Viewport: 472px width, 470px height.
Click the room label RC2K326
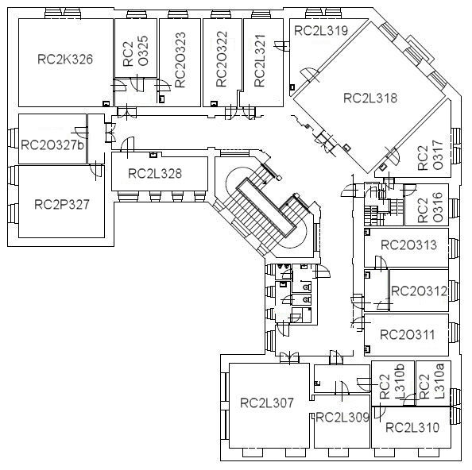65,60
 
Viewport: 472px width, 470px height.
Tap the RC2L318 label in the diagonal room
370,98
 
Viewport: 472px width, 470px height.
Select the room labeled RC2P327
62,205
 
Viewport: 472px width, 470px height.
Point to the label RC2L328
155,174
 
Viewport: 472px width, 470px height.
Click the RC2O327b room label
52,145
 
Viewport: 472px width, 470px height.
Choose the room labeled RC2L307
267,403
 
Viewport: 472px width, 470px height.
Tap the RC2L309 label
342,417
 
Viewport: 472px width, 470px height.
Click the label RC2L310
412,427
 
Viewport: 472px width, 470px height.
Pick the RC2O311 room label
408,335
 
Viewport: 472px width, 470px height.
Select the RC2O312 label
419,291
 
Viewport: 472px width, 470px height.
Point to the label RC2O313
408,245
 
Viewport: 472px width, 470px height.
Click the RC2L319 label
321,31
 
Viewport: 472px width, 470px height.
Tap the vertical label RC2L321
260,61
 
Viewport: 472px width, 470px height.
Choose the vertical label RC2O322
222,60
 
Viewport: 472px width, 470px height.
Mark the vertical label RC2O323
180,60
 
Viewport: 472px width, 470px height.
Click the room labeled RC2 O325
136,51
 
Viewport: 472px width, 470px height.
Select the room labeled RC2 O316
431,207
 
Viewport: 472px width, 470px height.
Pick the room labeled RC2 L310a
431,381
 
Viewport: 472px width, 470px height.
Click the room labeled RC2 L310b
392,382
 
